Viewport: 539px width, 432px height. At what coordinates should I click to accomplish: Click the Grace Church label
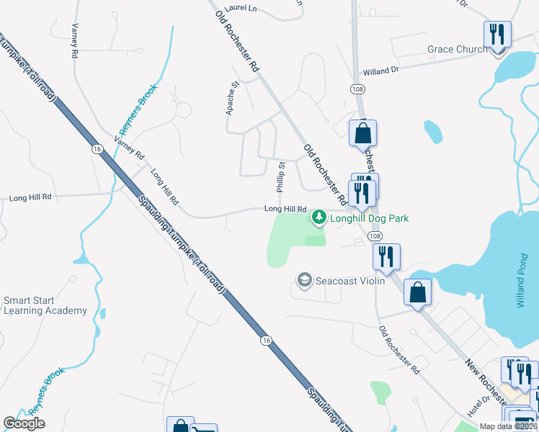pos(457,49)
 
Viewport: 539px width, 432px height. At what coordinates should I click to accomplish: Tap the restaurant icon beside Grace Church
pos(497,35)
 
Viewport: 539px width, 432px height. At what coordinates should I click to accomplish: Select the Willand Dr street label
pos(381,71)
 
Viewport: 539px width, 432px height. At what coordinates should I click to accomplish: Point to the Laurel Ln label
pos(241,8)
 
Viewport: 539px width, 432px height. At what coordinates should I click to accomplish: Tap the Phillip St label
pos(281,177)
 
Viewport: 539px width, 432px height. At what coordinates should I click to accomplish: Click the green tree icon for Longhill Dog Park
pos(318,216)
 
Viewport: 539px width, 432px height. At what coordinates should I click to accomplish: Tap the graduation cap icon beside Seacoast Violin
pos(304,279)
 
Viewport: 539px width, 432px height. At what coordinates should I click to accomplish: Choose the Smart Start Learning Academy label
pos(45,305)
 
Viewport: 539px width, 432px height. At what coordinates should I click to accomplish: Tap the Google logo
pos(24,423)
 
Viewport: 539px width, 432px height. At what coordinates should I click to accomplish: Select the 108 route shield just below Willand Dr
pos(357,89)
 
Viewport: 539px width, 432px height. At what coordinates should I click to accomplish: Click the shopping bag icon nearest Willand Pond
pos(417,292)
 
